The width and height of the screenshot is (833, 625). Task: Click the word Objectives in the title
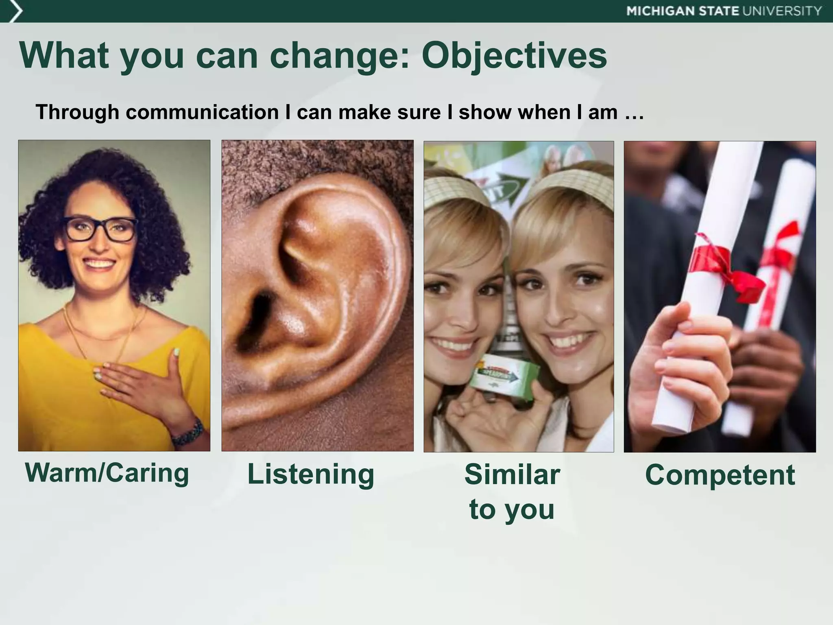click(514, 56)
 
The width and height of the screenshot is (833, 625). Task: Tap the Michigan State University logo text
click(724, 11)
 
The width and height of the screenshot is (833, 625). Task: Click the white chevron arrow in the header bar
click(15, 11)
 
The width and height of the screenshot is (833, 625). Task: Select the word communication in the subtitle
click(202, 112)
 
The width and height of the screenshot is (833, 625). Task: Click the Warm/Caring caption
click(107, 473)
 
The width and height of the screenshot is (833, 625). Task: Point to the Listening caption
click(311, 474)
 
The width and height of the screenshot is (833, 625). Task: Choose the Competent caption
click(720, 475)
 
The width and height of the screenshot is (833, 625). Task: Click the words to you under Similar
click(512, 509)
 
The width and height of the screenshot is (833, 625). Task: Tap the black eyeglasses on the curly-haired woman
click(100, 229)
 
